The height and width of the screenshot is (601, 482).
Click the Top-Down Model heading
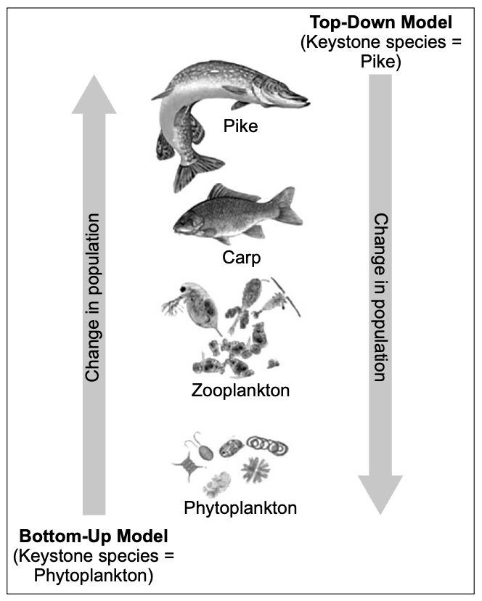tap(381, 23)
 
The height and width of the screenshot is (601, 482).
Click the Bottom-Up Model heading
tap(94, 536)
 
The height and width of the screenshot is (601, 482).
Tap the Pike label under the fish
tap(240, 126)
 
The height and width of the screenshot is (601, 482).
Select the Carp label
tap(241, 258)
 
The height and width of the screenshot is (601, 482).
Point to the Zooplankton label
tap(240, 391)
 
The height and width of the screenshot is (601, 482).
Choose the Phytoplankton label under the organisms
tap(240, 508)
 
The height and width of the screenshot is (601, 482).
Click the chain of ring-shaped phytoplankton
tap(267, 445)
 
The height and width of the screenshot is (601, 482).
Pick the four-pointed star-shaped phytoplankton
tap(189, 465)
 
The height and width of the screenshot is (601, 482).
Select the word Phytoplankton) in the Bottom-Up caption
tap(94, 576)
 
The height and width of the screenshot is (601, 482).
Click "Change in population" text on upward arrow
tap(93, 298)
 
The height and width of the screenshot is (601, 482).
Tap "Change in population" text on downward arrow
tap(381, 298)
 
